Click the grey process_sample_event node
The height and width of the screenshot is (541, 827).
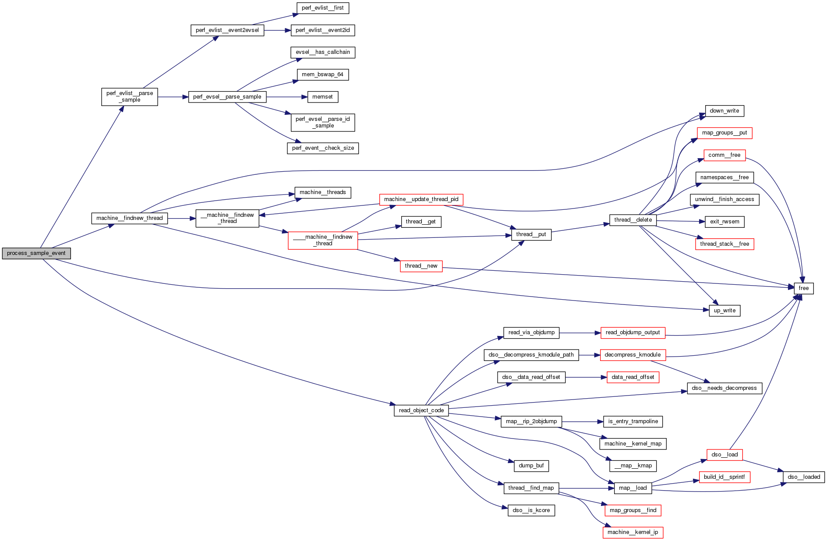(36, 253)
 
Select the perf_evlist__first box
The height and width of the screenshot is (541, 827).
(322, 8)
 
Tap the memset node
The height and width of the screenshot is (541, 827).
(322, 97)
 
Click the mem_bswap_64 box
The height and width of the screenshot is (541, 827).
(322, 74)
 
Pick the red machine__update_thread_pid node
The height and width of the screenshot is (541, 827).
(421, 199)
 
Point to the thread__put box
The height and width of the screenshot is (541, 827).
(531, 234)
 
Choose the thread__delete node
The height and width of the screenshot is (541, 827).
(633, 220)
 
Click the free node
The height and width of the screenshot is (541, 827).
(803, 288)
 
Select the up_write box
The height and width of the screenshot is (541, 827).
(725, 311)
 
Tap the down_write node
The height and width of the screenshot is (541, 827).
(724, 111)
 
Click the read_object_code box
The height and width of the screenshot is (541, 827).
(421, 410)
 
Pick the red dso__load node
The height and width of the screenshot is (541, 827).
(725, 455)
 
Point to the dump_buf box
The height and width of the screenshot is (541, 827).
(531, 466)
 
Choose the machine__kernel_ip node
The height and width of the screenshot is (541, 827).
(633, 532)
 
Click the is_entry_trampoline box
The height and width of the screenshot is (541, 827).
(633, 421)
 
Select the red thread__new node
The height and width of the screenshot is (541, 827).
(421, 266)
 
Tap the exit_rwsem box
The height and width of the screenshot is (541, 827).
(725, 222)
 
